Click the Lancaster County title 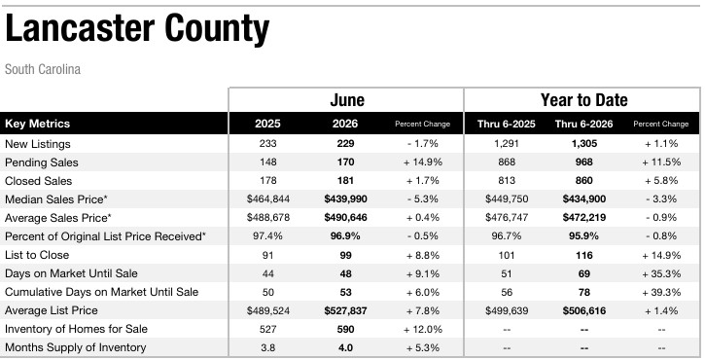[x=137, y=29]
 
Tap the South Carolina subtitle [x=43, y=69]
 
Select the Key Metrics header [x=37, y=124]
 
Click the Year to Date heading [x=583, y=100]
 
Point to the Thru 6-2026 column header [x=583, y=124]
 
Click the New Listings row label [x=38, y=144]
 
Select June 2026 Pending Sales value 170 [x=345, y=162]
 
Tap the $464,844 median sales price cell [x=268, y=198]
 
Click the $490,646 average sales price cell [x=345, y=218]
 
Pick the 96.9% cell [x=345, y=236]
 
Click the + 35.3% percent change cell [x=661, y=273]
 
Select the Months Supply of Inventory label [x=76, y=347]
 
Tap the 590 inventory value [x=345, y=329]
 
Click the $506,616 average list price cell [x=583, y=311]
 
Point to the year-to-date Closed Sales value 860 [x=583, y=181]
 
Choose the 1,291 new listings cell [x=507, y=144]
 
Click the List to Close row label [x=37, y=255]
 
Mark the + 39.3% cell [x=661, y=293]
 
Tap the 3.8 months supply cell [x=268, y=348]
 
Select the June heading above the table [x=346, y=100]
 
